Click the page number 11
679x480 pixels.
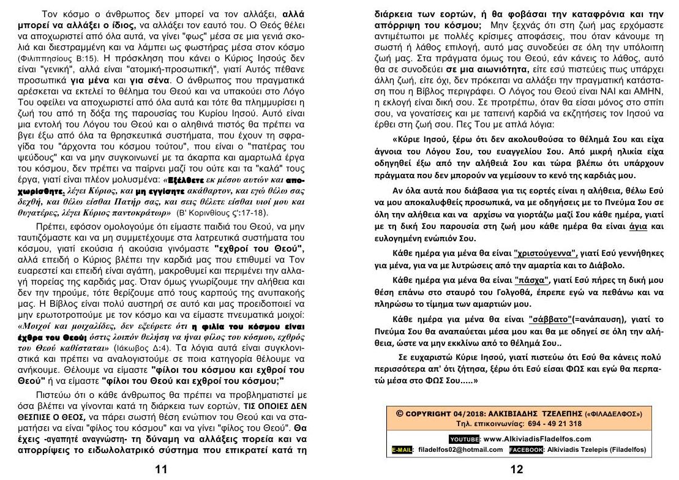coord(161,470)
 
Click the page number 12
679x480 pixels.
coord(517,470)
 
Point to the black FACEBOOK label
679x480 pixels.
coord(527,450)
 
